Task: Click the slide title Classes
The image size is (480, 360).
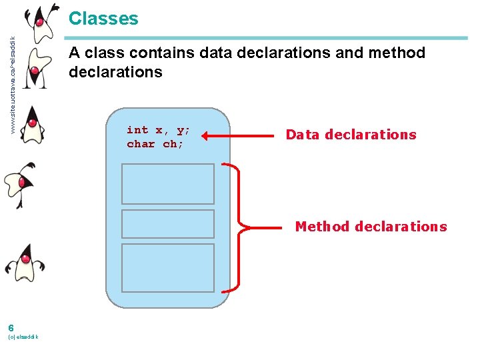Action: [x=103, y=18]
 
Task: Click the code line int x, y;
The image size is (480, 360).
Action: [x=159, y=130]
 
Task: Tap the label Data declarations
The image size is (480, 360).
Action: [x=351, y=135]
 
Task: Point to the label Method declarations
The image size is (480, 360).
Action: [x=371, y=227]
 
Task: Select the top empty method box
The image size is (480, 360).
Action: [x=167, y=183]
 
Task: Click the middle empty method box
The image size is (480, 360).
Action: [x=167, y=224]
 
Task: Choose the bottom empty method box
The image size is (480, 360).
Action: [x=167, y=267]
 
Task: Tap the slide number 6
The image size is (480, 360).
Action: [x=11, y=327]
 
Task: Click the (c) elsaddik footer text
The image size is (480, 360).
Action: [x=23, y=337]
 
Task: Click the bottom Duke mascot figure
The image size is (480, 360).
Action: [x=26, y=260]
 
